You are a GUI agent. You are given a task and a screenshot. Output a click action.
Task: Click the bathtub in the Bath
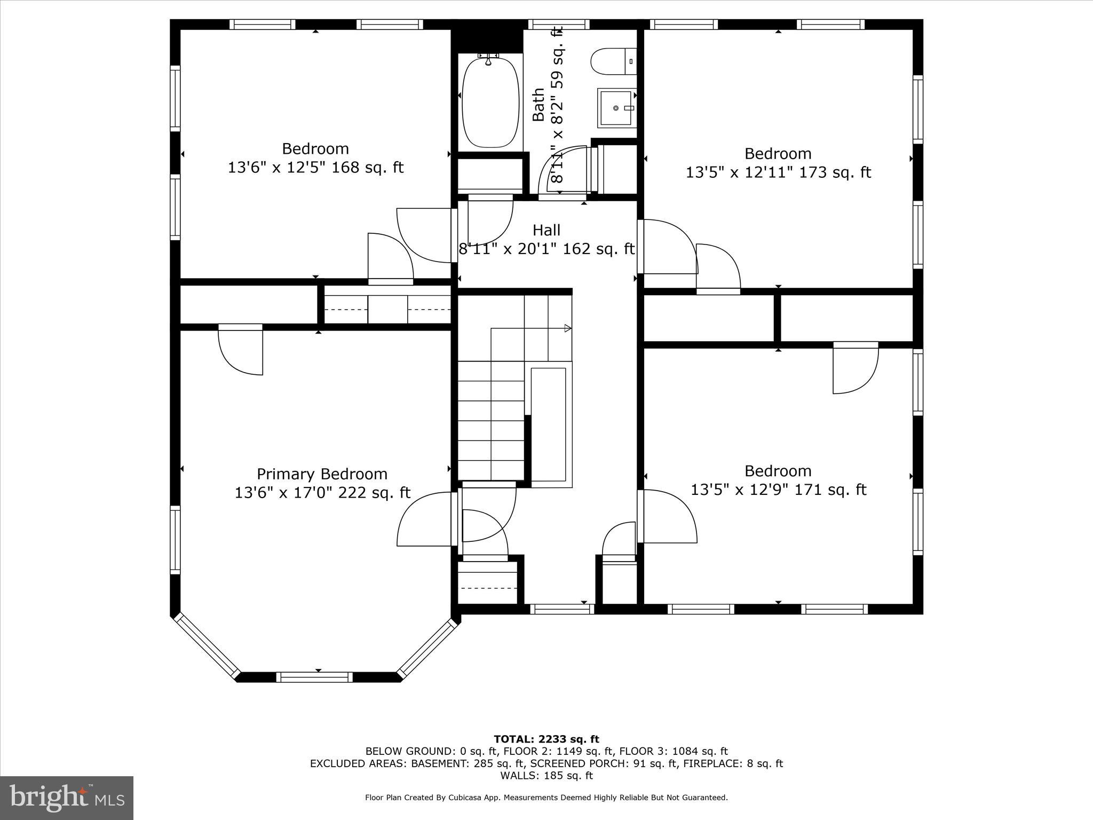pos(490,101)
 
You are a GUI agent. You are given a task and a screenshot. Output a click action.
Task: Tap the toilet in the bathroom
pos(613,61)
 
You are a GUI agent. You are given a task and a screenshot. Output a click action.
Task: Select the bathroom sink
pos(616,108)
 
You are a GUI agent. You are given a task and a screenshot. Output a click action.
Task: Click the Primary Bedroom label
pos(322,474)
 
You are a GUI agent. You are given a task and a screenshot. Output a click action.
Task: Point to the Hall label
pos(546,230)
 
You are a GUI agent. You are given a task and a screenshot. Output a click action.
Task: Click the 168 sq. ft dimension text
pos(315,168)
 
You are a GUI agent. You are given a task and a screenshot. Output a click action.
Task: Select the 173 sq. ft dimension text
pos(778,172)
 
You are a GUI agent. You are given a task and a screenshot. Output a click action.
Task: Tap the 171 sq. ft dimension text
pos(778,490)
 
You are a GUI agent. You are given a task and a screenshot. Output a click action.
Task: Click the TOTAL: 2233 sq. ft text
pos(546,739)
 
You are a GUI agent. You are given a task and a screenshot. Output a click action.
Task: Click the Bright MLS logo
pos(67,798)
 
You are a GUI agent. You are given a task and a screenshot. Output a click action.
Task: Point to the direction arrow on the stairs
pos(568,328)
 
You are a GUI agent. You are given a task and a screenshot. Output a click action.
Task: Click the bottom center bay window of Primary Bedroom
pos(314,677)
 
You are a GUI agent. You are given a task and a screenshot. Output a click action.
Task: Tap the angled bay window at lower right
pos(428,646)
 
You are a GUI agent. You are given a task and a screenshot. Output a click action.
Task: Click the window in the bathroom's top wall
pos(559,24)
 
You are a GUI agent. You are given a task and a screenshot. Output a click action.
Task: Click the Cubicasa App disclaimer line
pos(546,798)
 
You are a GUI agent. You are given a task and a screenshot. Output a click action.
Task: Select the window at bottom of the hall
pos(562,609)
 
